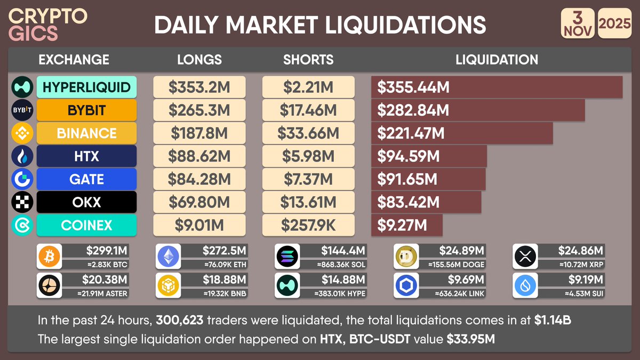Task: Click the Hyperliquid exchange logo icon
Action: [x=22, y=87]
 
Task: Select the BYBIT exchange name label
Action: [x=86, y=110]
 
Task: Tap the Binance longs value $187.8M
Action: [x=199, y=133]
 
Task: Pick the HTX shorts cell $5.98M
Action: [x=308, y=156]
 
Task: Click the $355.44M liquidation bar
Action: [x=497, y=87]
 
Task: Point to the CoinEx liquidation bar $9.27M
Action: [x=407, y=225]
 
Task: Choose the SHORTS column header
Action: [x=308, y=60]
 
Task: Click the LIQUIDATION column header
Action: [x=497, y=60]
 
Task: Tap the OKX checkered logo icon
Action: [x=22, y=202]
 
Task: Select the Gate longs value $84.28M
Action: [x=199, y=179]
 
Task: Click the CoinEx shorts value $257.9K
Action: [x=308, y=225]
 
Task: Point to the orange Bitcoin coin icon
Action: [x=50, y=258]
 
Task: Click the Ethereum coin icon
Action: [x=169, y=258]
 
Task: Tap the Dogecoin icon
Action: [x=406, y=258]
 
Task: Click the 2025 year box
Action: [x=614, y=24]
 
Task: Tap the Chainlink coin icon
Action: [x=406, y=286]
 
